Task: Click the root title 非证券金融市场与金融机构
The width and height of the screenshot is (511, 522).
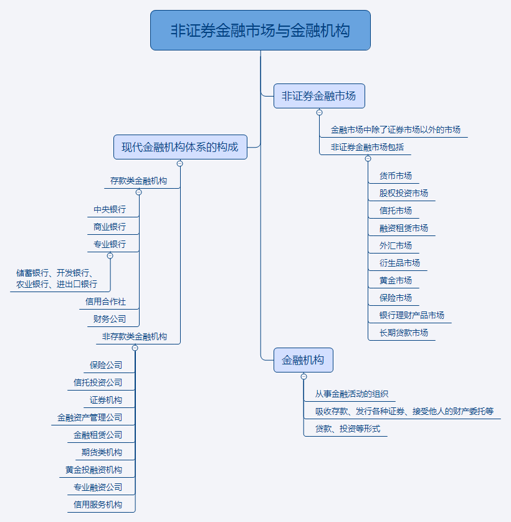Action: pos(260,31)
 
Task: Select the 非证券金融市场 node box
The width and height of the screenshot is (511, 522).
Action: pos(319,96)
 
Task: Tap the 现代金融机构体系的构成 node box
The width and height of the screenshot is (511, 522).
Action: pos(180,147)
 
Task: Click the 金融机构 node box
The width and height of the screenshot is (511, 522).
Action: pos(303,360)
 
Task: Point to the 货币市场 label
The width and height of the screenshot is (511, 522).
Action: pos(396,176)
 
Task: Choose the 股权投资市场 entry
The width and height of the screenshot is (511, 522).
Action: pos(404,193)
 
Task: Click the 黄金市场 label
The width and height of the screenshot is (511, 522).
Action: pos(396,280)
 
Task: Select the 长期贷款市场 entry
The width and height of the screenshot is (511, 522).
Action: pos(404,333)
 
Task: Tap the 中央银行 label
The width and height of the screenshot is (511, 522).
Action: pos(110,209)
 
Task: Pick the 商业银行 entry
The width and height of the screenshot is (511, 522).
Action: pos(110,227)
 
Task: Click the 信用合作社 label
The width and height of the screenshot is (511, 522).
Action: pos(106,301)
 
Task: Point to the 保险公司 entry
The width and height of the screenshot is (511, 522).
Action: pos(106,365)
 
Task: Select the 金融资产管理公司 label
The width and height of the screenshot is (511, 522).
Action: pos(90,417)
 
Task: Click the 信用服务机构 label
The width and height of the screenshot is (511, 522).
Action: pos(98,505)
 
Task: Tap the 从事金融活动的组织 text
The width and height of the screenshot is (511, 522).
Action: pos(351,394)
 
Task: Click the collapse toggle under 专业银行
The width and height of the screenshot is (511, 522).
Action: pos(110,256)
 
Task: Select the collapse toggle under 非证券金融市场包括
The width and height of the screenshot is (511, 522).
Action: pos(368,159)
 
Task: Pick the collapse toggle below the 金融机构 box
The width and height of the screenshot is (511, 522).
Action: pos(303,376)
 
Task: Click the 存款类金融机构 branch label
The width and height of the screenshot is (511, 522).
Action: pos(138,181)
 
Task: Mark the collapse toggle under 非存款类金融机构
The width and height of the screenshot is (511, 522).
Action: pos(135,348)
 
